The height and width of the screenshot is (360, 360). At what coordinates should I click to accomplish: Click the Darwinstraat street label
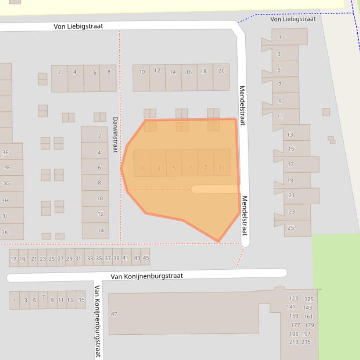(x=115, y=134)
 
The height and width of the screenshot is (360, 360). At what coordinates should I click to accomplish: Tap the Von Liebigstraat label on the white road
(x=78, y=26)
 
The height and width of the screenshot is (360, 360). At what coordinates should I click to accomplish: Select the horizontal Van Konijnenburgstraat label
(x=147, y=276)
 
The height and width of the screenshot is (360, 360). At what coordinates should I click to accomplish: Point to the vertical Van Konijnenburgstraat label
(x=97, y=321)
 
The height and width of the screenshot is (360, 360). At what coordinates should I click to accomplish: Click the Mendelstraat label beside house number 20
(x=242, y=105)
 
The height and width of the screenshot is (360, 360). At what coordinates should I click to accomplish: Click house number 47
(x=114, y=314)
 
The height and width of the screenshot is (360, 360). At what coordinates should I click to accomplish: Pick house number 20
(x=221, y=71)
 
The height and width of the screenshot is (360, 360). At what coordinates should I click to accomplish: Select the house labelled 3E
(x=6, y=152)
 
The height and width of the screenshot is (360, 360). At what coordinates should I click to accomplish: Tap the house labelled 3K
(x=5, y=232)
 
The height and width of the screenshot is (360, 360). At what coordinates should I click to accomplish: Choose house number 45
(x=146, y=258)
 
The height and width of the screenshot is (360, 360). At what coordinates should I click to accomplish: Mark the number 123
(x=293, y=298)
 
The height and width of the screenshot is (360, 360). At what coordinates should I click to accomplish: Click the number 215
(x=306, y=342)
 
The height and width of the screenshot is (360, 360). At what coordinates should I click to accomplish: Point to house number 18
(x=203, y=72)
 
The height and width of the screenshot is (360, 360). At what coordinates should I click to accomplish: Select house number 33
(x=89, y=258)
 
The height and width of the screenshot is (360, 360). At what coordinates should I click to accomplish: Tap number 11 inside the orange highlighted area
(x=222, y=167)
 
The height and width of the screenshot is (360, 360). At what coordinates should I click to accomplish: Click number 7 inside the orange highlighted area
(x=190, y=167)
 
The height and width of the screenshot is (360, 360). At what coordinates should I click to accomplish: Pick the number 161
(x=308, y=317)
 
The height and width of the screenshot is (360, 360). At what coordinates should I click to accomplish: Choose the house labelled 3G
(x=7, y=183)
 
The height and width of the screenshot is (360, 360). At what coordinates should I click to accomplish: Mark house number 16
(x=188, y=72)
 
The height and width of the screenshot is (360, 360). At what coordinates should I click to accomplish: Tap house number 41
(x=125, y=258)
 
